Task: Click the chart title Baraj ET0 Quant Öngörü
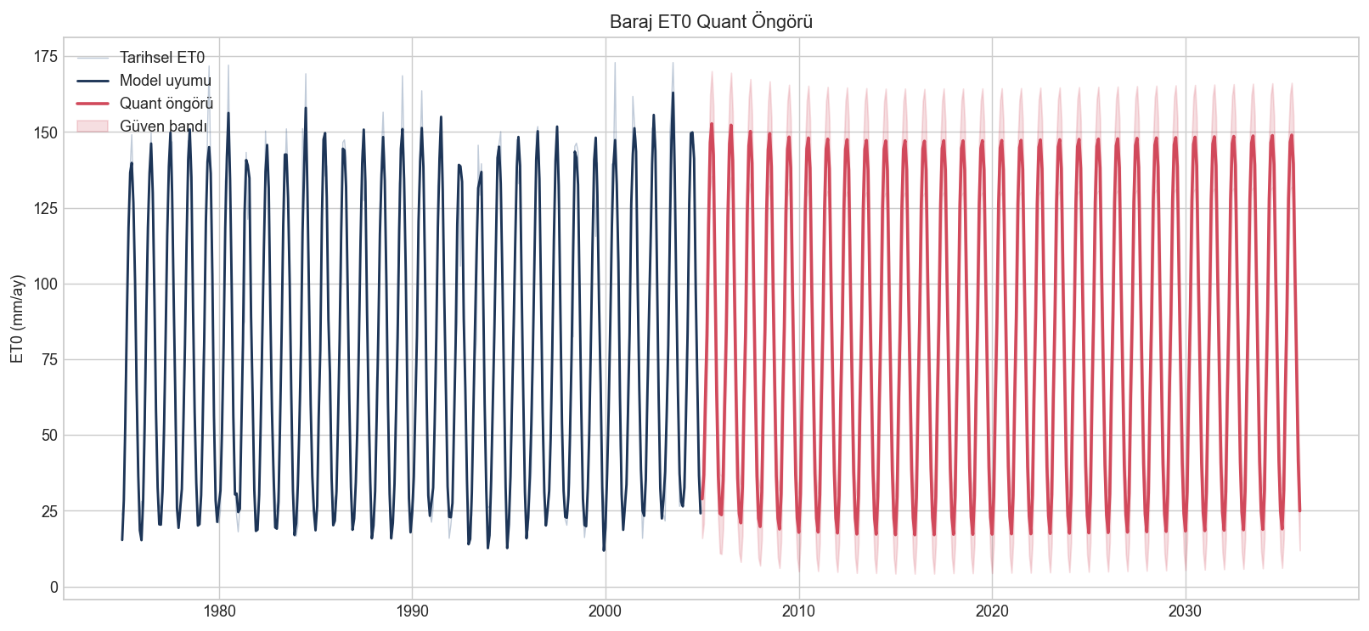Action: click(x=712, y=22)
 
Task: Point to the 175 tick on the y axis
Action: click(x=46, y=57)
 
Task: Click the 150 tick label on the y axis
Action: click(x=46, y=132)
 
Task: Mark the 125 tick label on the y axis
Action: click(x=46, y=209)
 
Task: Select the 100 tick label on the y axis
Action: click(x=46, y=285)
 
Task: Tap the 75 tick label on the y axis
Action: click(x=50, y=359)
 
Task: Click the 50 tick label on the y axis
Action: click(x=50, y=436)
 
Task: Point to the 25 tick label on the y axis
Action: click(x=50, y=511)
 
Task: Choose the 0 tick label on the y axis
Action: click(x=54, y=587)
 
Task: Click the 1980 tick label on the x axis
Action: click(x=219, y=611)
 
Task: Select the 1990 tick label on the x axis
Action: click(x=412, y=611)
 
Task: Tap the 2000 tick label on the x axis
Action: click(x=606, y=611)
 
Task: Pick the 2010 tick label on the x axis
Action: click(x=799, y=611)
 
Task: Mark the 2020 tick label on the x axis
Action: click(x=992, y=611)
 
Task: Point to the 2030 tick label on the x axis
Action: click(x=1186, y=611)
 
